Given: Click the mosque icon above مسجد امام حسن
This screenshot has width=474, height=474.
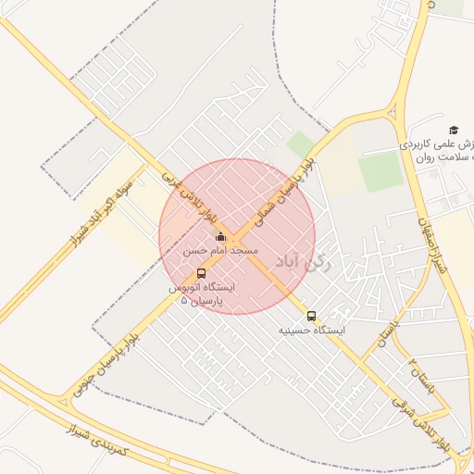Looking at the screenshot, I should pyautogui.click(x=219, y=237).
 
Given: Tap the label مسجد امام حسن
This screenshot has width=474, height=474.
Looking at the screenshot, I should pyautogui.click(x=220, y=251).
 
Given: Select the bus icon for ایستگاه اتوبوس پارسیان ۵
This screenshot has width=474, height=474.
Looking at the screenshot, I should pyautogui.click(x=202, y=273).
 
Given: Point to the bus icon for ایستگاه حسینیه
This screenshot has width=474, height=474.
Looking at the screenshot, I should pyautogui.click(x=311, y=315).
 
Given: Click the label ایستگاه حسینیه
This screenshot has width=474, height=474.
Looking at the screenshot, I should pyautogui.click(x=311, y=330).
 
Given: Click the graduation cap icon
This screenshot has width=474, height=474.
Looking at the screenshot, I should pyautogui.click(x=454, y=130).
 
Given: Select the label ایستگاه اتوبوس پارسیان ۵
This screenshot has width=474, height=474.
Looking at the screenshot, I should pyautogui.click(x=202, y=294).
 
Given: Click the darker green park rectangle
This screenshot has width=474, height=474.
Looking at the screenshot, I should pyautogui.click(x=380, y=172).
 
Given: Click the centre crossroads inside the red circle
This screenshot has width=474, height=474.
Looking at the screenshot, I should pyautogui.click(x=237, y=237).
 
